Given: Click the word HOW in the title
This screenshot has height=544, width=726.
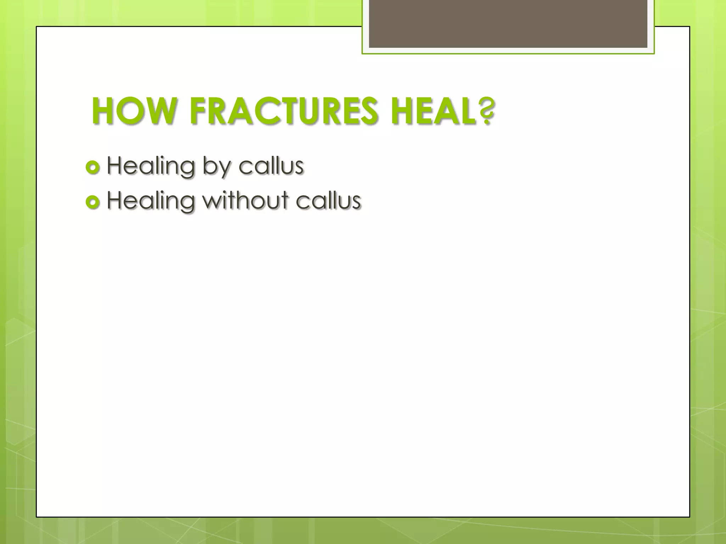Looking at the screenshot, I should (x=133, y=112).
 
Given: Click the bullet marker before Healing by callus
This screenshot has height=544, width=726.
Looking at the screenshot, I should (x=93, y=168).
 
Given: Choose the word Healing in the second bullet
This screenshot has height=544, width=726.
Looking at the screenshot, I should (x=151, y=200).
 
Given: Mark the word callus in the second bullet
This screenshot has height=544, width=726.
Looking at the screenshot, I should (x=328, y=200).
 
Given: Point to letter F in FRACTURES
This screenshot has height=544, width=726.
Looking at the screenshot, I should (x=197, y=112).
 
